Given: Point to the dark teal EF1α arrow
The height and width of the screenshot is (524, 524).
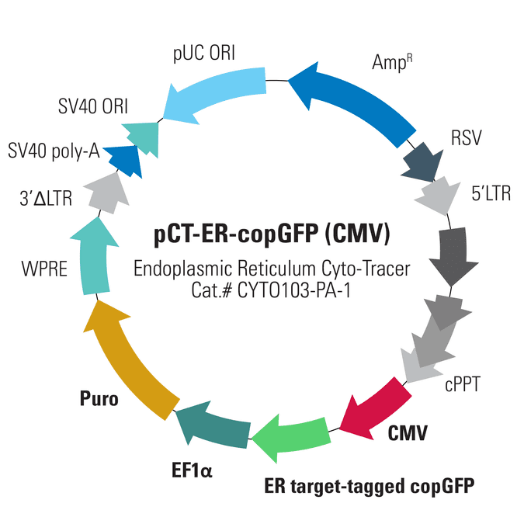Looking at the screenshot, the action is tap(214, 425).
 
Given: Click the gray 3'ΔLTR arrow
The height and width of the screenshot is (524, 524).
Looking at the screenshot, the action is tap(107, 194).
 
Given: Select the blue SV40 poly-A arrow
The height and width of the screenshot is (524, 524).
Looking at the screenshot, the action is tap(124, 161).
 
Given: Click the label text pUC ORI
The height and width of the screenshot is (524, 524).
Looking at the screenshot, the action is tap(204, 54).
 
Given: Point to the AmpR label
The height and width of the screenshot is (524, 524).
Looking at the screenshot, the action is tap(392, 62).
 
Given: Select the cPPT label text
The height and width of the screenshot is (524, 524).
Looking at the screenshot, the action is tap(463, 384).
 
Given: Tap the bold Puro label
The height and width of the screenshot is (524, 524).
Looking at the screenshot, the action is tap(99, 398).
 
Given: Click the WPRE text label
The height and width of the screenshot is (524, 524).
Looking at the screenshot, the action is tap(44, 269).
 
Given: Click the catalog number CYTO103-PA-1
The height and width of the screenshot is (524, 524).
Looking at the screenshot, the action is tap(294, 291).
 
